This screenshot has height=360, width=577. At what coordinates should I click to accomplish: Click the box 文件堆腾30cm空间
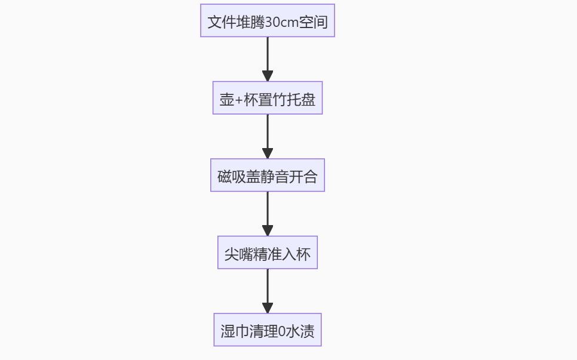pyautogui.click(x=267, y=21)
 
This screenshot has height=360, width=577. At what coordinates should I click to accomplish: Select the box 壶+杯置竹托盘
pyautogui.click(x=267, y=98)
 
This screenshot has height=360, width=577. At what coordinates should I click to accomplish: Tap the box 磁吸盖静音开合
pyautogui.click(x=267, y=176)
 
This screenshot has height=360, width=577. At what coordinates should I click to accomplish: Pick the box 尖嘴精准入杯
pyautogui.click(x=267, y=253)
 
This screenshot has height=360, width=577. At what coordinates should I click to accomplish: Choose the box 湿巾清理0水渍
pyautogui.click(x=267, y=330)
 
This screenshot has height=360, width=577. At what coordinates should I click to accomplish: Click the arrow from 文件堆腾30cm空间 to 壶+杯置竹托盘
pyautogui.click(x=268, y=59)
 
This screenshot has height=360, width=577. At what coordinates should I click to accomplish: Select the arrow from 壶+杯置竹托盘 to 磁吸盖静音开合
pyautogui.click(x=268, y=136)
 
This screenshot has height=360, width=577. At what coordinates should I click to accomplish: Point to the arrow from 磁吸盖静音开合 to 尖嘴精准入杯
pyautogui.click(x=268, y=213)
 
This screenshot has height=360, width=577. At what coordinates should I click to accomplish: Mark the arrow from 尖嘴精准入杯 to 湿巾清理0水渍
pyautogui.click(x=268, y=291)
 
